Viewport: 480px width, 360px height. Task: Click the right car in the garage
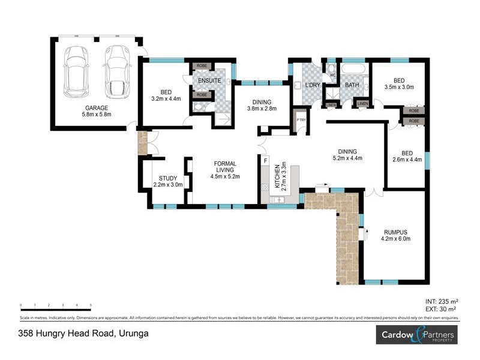click(116, 72)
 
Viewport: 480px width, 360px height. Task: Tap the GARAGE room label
click(96, 108)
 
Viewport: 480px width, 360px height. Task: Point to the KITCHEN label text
click(277, 176)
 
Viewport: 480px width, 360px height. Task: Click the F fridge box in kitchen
click(265, 160)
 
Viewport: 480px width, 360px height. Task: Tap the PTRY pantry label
click(301, 120)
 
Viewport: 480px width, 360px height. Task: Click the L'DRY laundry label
click(313, 85)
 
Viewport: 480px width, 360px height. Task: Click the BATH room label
click(352, 85)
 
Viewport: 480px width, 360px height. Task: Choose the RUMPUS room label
click(395, 232)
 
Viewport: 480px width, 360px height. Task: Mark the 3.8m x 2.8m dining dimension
click(262, 109)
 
